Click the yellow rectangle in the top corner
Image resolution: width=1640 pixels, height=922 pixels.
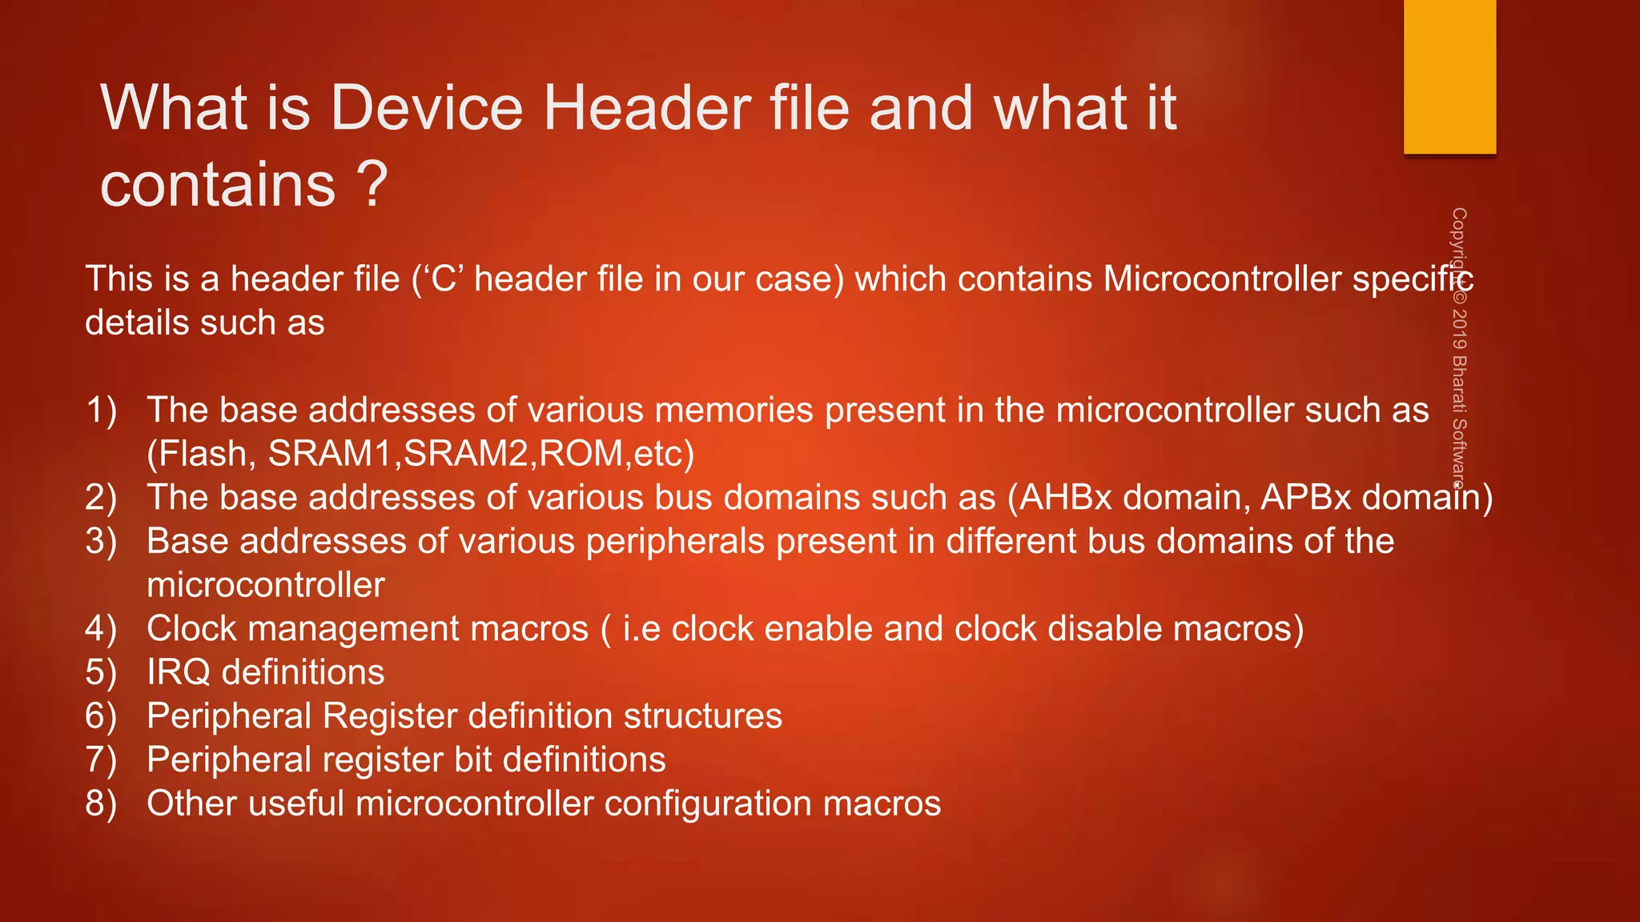coord(1449,76)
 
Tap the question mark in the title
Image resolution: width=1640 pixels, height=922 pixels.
coord(371,186)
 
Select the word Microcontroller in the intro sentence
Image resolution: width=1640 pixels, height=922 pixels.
coord(1222,279)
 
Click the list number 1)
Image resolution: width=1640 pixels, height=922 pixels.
coord(101,410)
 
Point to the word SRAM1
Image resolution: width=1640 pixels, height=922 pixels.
coord(330,454)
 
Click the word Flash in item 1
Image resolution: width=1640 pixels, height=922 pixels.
coord(203,454)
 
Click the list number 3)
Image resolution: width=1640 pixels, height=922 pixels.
coord(101,541)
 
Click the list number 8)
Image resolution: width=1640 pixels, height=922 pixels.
coord(101,804)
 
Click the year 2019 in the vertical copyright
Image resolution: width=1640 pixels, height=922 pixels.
coord(1459,328)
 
